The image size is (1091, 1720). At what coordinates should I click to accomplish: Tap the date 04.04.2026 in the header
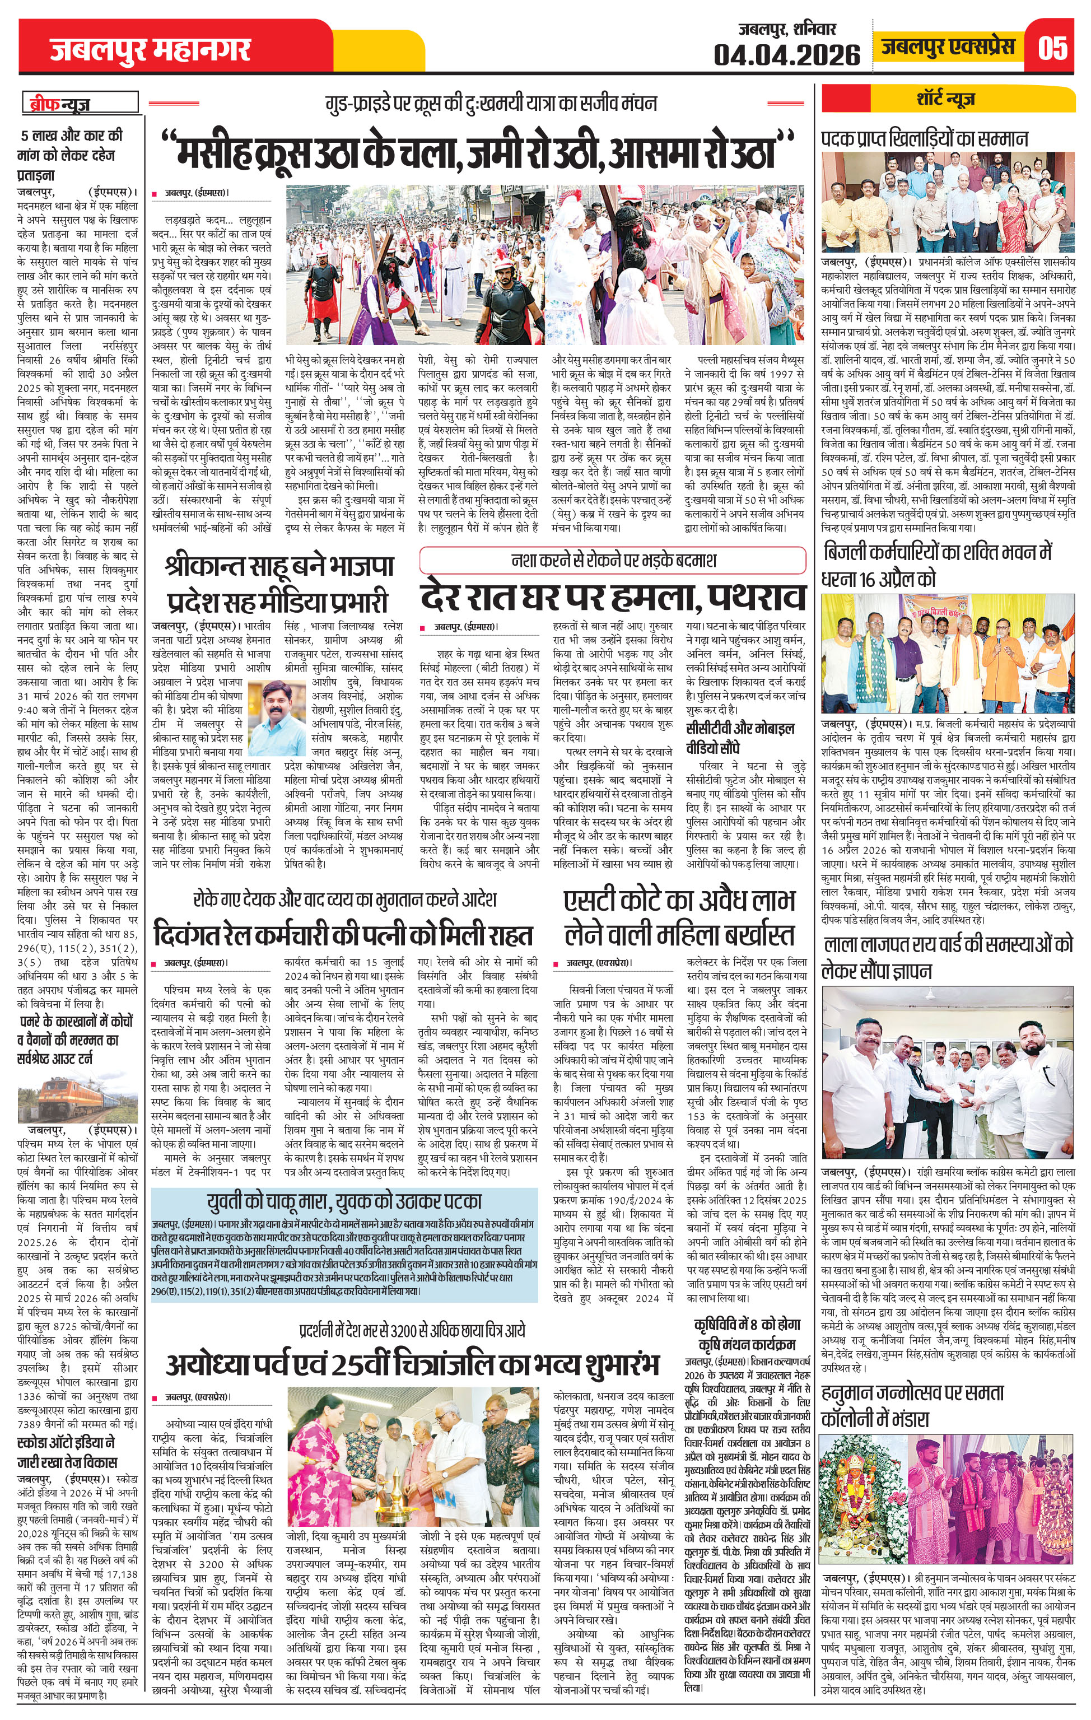[787, 54]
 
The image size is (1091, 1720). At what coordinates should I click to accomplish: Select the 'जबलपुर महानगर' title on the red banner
[151, 50]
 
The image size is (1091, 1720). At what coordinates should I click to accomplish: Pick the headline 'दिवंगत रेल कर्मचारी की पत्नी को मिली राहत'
[344, 936]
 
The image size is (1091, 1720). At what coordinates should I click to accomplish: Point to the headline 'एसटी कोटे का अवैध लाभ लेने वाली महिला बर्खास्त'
[678, 917]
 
